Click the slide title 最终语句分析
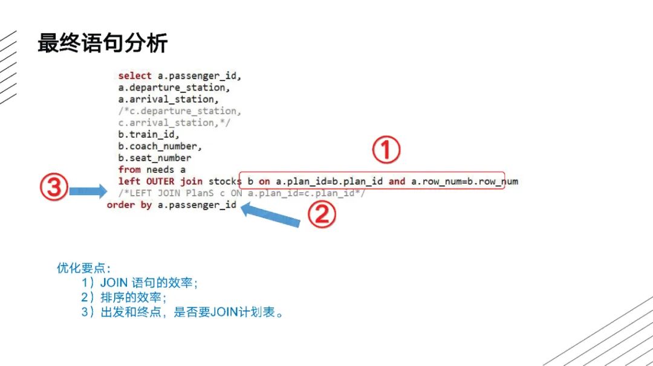[x=102, y=43]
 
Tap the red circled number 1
[x=386, y=150]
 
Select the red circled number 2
[x=322, y=214]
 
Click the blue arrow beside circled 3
[x=88, y=191]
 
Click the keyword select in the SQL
[x=135, y=76]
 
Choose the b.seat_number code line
[x=154, y=158]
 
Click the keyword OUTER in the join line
[x=160, y=181]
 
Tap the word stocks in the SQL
[x=225, y=181]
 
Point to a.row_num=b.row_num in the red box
[x=464, y=181]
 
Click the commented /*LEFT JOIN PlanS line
[x=241, y=193]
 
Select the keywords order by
[x=129, y=205]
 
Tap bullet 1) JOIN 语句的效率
[x=140, y=283]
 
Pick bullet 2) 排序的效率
[x=124, y=298]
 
